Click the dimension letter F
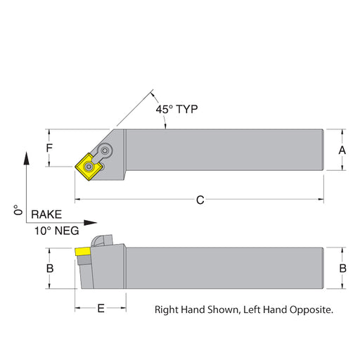click(x=49, y=148)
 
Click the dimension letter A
click(x=342, y=150)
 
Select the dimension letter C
click(x=200, y=200)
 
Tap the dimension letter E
click(x=101, y=308)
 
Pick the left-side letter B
click(x=50, y=269)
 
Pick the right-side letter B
click(x=343, y=269)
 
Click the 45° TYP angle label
click(x=176, y=109)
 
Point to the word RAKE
click(x=46, y=214)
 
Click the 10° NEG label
click(x=57, y=231)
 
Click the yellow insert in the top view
click(x=89, y=167)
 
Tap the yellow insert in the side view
click(x=83, y=252)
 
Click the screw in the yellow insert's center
click(x=89, y=167)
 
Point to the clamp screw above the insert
click(x=105, y=150)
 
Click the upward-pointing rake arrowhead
click(x=27, y=158)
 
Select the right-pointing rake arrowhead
click(x=90, y=222)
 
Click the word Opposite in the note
click(x=311, y=310)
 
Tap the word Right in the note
click(x=167, y=310)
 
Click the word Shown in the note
click(x=223, y=310)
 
